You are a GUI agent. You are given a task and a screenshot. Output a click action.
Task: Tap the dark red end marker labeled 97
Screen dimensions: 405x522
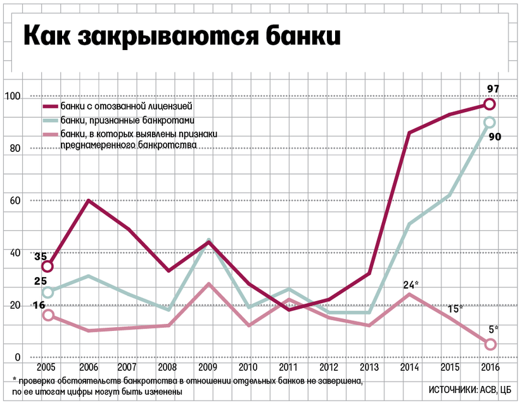click(489, 104)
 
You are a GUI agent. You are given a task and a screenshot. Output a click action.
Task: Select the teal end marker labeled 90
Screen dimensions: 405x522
click(489, 123)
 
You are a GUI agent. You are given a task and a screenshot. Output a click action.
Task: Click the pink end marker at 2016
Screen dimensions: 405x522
click(490, 344)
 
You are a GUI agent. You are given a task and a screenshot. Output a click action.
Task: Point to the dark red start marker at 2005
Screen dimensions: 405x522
click(47, 266)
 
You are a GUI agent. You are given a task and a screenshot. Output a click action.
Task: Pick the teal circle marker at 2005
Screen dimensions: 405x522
click(47, 292)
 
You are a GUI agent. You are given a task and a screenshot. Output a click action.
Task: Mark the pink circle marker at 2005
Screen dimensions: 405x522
click(47, 315)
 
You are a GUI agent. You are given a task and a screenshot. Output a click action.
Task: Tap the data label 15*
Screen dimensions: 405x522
click(454, 308)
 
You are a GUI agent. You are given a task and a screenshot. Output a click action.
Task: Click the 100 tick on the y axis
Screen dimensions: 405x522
click(13, 97)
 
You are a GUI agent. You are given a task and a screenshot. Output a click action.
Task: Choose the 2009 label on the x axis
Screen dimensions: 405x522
click(208, 368)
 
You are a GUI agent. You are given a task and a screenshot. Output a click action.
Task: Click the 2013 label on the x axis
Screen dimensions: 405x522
click(369, 368)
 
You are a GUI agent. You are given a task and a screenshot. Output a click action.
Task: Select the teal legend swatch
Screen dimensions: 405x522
click(51, 120)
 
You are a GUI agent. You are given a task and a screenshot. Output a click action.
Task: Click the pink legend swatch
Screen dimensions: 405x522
click(51, 134)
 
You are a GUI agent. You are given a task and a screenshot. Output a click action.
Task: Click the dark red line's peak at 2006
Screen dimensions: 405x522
click(87, 201)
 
